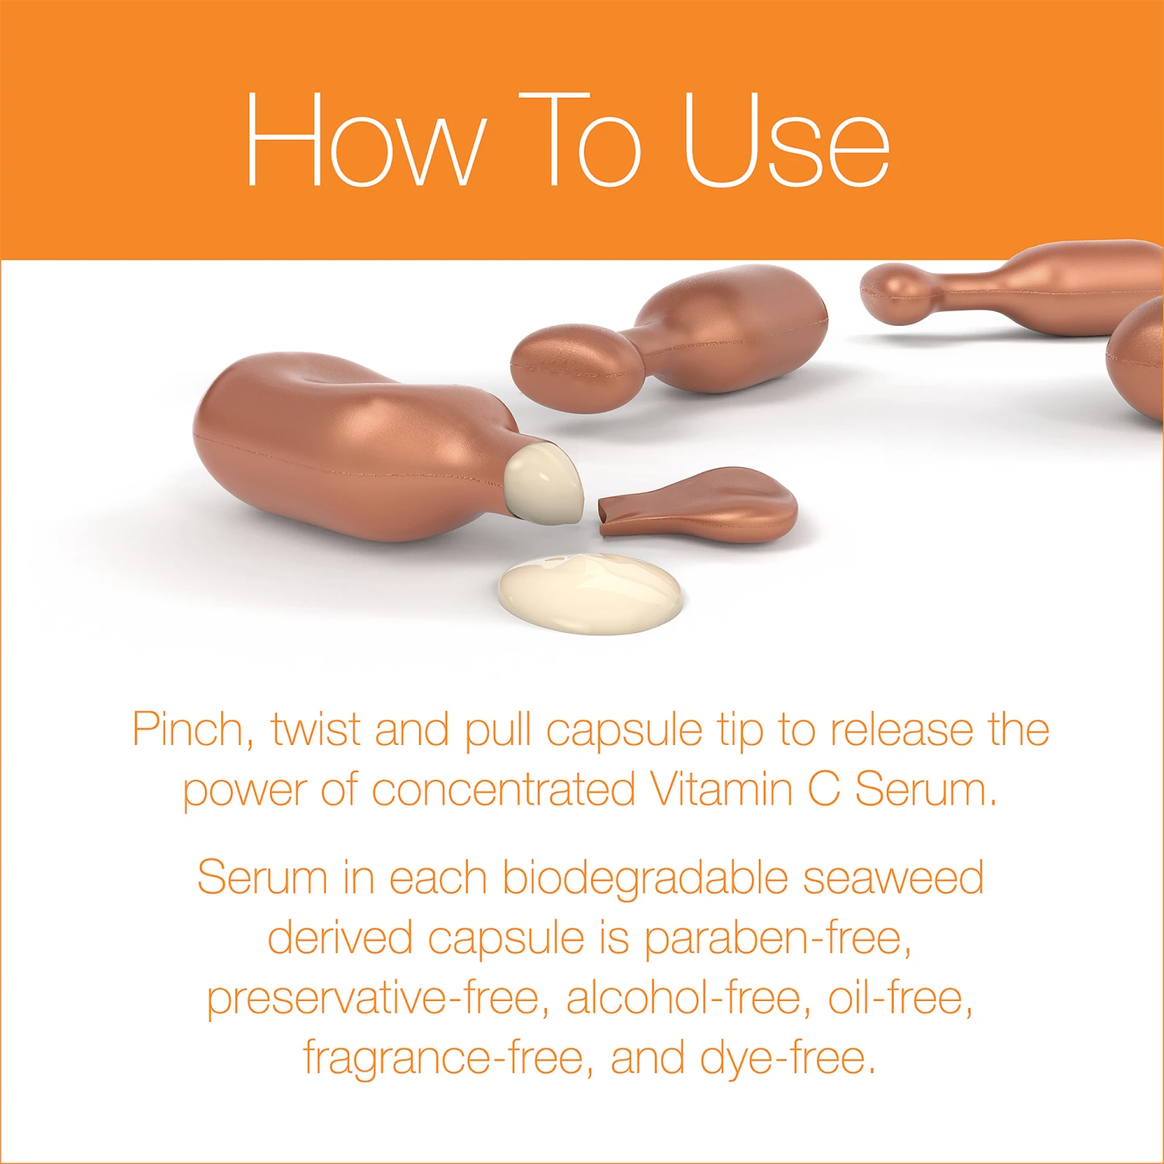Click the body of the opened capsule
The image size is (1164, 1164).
341,442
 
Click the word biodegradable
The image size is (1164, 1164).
646,879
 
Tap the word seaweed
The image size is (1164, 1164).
893,879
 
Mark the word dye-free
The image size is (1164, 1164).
788,1058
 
